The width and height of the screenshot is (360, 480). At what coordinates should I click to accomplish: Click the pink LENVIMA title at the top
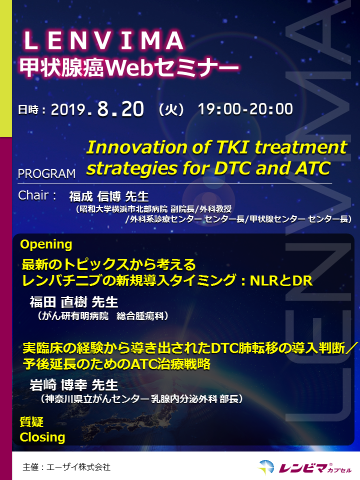point(104,40)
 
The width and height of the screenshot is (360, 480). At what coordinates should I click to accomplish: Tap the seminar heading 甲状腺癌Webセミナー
point(129,67)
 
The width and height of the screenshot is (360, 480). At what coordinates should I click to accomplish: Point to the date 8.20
point(120,108)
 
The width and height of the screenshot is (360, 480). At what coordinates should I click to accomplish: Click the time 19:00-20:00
point(245,109)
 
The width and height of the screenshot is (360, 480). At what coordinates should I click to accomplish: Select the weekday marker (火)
point(171,109)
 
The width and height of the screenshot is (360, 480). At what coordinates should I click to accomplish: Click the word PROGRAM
point(46,173)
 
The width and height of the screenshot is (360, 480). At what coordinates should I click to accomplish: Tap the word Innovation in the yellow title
point(137,147)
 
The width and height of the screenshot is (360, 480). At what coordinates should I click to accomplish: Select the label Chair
point(33,195)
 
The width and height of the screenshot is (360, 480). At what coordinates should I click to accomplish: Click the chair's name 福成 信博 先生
point(109,196)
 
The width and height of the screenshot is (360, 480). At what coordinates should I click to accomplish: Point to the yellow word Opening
point(46,244)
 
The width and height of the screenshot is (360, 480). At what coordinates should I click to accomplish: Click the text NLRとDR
point(281,280)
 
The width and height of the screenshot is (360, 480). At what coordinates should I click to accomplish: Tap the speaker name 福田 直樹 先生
point(74,302)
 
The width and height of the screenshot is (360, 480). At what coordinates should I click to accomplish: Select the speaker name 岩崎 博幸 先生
point(74,385)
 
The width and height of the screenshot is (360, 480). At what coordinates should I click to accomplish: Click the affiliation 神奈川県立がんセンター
point(97,399)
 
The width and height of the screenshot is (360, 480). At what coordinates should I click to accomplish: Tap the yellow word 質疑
point(31,422)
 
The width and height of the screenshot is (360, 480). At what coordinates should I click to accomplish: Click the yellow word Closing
point(42,437)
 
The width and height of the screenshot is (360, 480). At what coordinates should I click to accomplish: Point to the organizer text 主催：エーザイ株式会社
point(66,467)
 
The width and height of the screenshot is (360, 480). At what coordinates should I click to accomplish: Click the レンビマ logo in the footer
point(305,467)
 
